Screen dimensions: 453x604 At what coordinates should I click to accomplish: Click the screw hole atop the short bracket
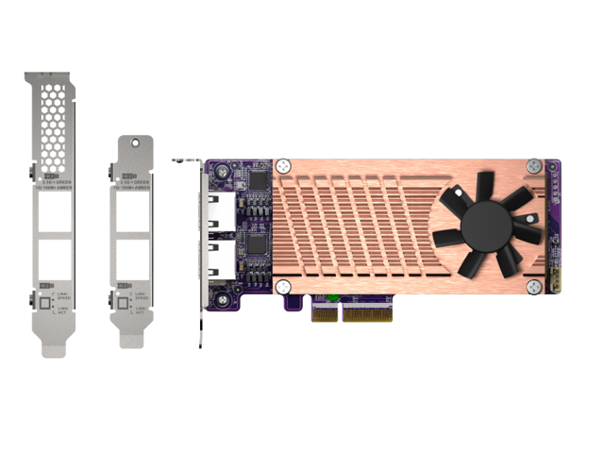pos(138,144)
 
